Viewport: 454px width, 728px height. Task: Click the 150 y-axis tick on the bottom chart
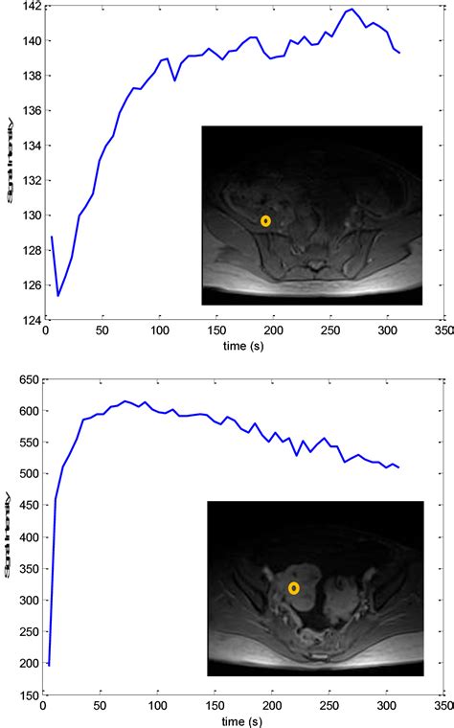click(28, 694)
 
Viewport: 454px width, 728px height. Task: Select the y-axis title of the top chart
click(10, 163)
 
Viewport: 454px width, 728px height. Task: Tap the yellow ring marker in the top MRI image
click(265, 221)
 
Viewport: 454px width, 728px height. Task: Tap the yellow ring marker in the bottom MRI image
click(294, 588)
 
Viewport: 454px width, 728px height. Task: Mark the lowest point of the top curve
click(58, 295)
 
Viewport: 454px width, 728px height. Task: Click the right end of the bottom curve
click(398, 466)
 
